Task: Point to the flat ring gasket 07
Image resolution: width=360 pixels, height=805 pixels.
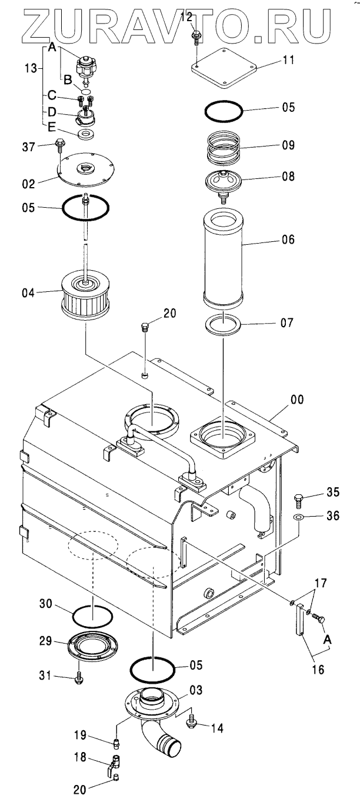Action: pos(224,324)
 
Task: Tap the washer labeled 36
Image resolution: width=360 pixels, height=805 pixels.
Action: pos(299,518)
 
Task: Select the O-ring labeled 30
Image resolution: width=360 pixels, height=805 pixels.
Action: pos(93,616)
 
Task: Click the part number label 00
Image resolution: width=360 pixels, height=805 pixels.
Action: pos(297,400)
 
